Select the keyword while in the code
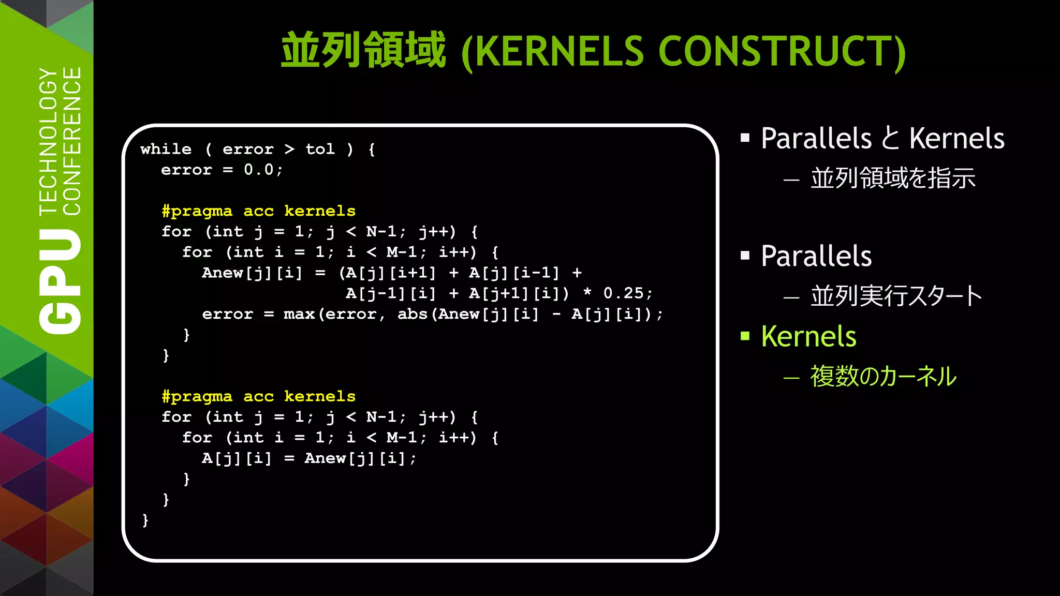[166, 149]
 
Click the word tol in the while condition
[320, 149]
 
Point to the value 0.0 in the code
[259, 170]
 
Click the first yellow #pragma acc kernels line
[258, 211]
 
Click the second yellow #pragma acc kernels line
[258, 396]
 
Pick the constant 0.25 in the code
[624, 293]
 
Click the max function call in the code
[299, 314]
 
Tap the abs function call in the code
[413, 314]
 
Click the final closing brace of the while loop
[145, 519]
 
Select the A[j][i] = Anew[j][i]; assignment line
[308, 458]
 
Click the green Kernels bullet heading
[808, 336]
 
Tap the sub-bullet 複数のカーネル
[883, 376]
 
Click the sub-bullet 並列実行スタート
[895, 296]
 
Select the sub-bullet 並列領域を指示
[893, 178]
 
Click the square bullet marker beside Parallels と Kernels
[745, 138]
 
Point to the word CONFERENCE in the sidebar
[72, 141]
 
